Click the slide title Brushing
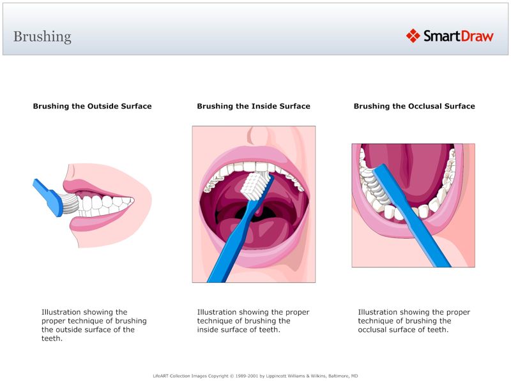[42, 36]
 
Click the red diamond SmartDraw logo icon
[413, 36]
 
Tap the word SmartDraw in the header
[458, 36]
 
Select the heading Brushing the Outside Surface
[92, 106]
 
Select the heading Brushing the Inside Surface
[254, 106]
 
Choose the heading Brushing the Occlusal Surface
[414, 106]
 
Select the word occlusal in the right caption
[377, 330]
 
